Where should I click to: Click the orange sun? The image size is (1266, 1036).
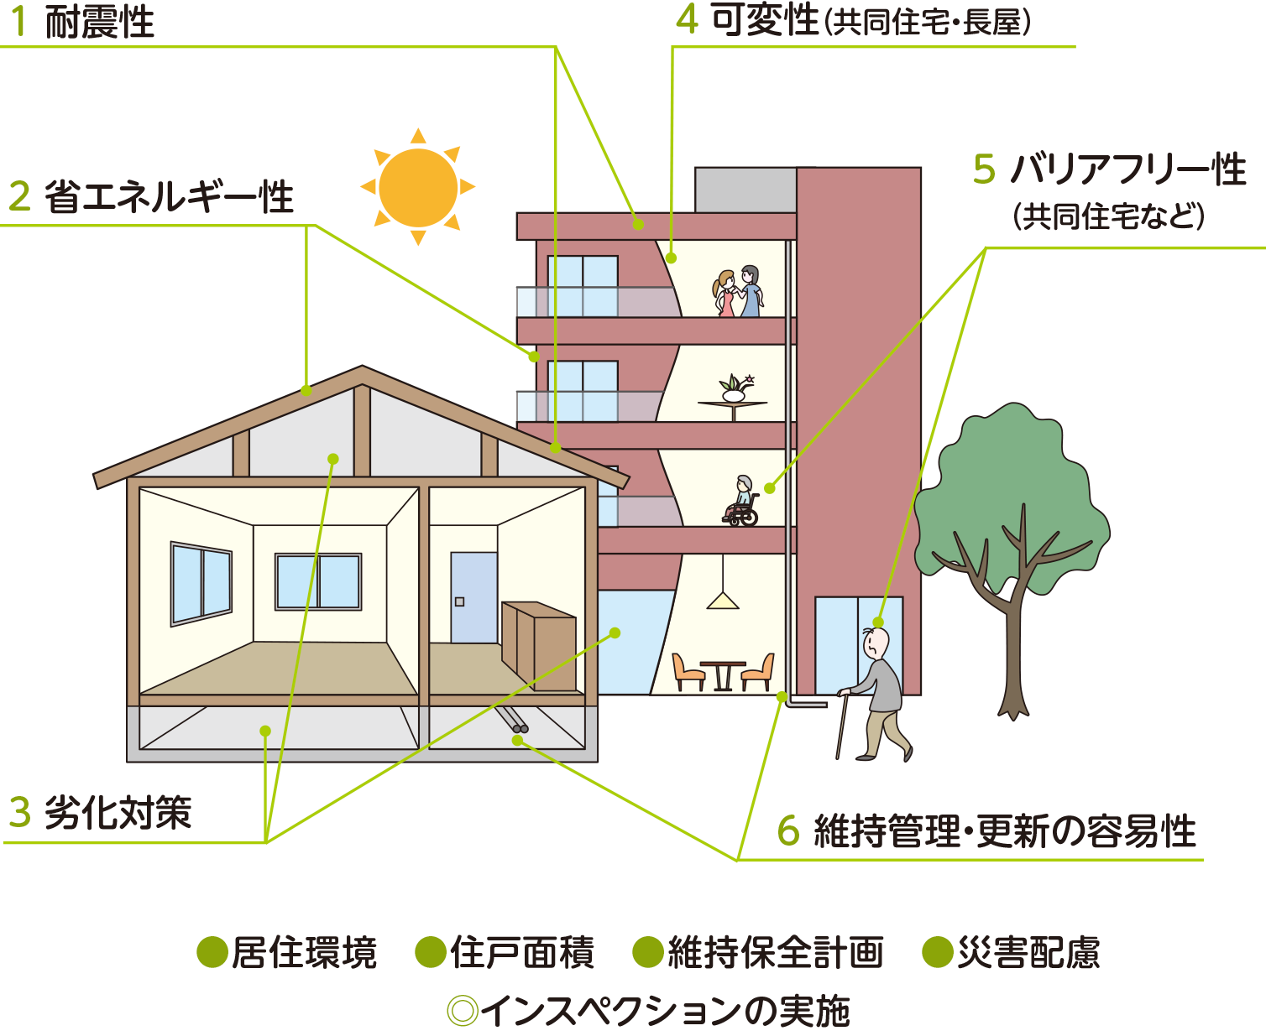(418, 186)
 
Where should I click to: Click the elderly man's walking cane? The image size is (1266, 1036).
(842, 725)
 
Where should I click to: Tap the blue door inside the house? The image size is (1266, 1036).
(473, 597)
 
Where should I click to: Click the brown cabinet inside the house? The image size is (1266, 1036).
(538, 646)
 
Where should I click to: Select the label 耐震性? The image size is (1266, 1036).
(100, 22)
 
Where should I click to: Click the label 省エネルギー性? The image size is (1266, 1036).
(169, 197)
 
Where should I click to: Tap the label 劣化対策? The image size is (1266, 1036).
(118, 814)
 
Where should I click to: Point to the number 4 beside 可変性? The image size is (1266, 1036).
(688, 19)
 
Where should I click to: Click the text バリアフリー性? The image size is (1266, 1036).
(1128, 169)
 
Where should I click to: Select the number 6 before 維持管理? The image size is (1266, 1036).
(788, 830)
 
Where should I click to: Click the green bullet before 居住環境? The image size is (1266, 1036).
(212, 952)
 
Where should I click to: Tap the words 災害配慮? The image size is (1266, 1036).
(1028, 953)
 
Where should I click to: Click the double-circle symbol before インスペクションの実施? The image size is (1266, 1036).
(463, 1011)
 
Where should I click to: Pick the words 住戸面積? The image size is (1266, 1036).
(521, 953)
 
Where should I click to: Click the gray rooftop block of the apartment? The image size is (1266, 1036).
(745, 190)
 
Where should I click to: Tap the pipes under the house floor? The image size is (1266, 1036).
(513, 720)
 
